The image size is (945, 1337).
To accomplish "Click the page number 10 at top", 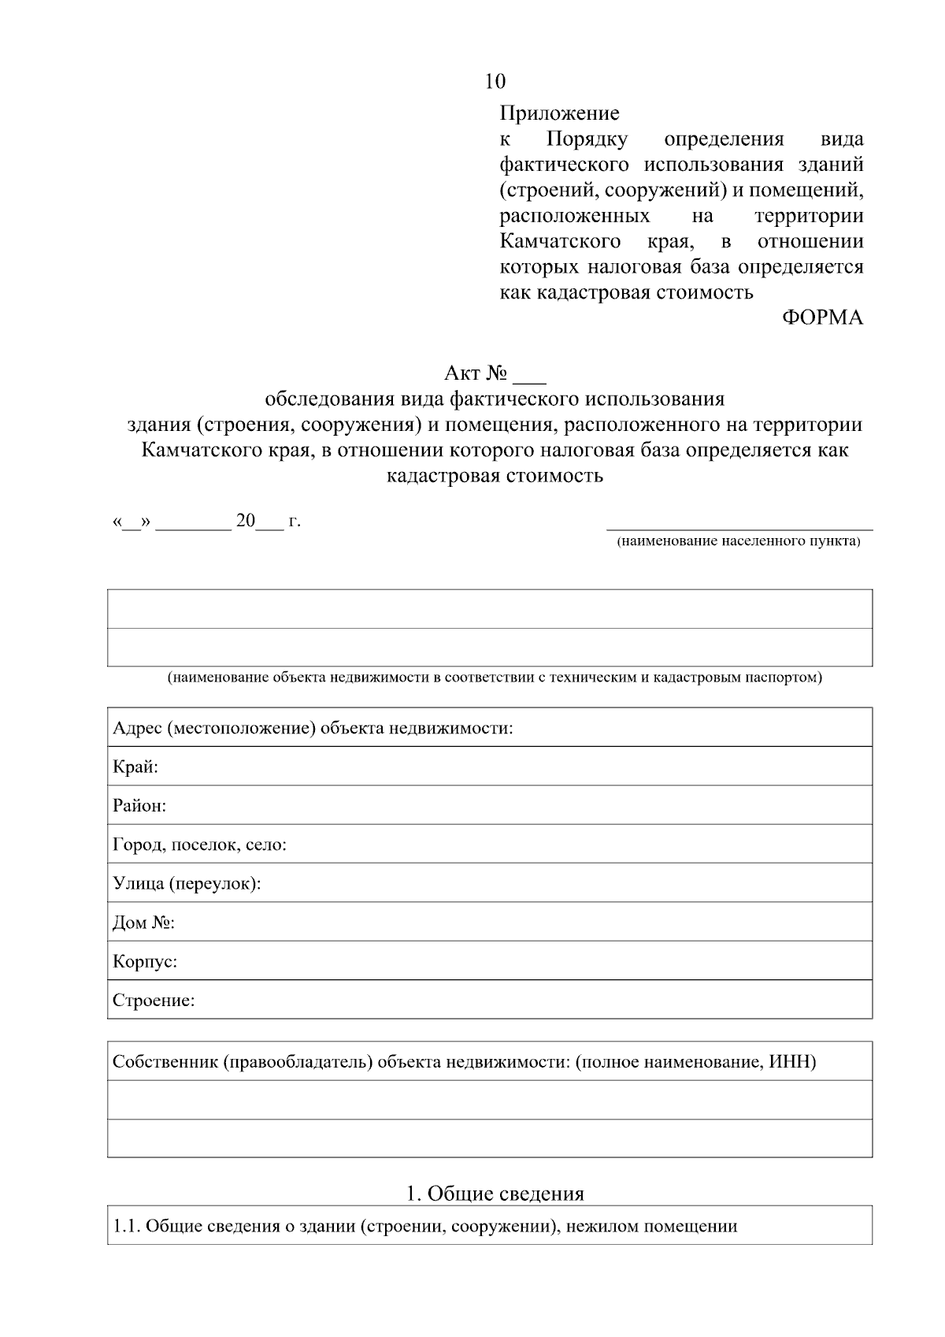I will pos(495,81).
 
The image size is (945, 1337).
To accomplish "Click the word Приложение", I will pos(559,113).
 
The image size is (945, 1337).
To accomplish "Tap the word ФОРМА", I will pos(822,318).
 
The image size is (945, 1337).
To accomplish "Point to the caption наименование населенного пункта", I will pos(739,542).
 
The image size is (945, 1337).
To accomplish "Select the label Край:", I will pos(135,767).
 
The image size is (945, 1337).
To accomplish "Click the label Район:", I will pos(139,806).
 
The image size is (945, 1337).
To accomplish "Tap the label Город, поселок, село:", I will pos(199,845).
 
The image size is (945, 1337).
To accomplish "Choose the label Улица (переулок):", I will pos(187,884).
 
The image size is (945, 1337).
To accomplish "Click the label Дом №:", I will pos(143,923).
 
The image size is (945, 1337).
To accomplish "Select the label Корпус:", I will pos(145,962).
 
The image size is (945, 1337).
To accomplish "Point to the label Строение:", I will pos(154,1001).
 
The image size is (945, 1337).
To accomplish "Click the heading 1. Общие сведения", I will pos(495,1194).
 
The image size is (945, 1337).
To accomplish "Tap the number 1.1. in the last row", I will pos(127,1226).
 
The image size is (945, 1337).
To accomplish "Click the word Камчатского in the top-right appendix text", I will pos(560,241).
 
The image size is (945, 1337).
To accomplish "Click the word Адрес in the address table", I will pos(136,728).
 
